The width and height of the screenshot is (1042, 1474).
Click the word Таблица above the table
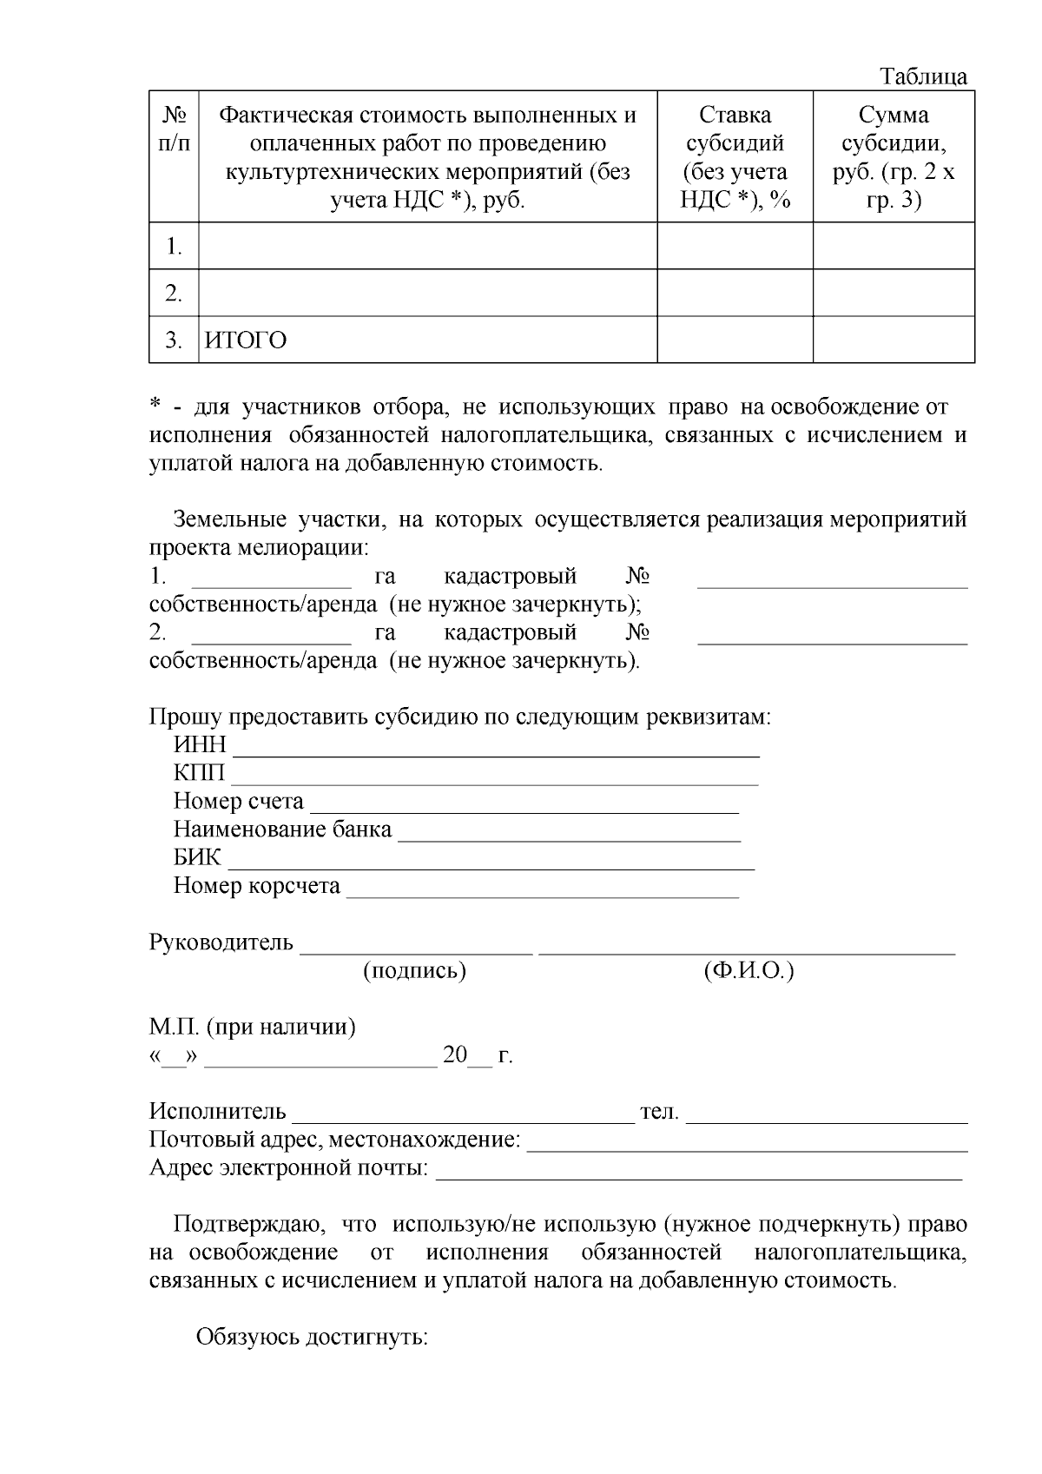pos(924,76)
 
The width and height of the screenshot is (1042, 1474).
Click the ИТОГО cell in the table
pos(246,340)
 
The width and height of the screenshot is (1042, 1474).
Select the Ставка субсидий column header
pos(735,157)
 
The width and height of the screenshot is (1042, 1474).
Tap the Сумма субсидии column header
pos(894,157)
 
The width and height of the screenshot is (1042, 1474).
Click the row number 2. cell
pos(174,294)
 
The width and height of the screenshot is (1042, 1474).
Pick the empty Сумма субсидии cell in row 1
pos(894,246)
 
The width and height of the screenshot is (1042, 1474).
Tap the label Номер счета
pos(239,801)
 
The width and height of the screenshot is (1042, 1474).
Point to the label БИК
pos(198,858)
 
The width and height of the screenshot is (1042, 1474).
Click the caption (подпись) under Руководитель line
pos(414,970)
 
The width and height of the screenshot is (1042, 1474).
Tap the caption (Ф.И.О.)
pos(749,970)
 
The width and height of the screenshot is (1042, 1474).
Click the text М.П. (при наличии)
pos(253,1027)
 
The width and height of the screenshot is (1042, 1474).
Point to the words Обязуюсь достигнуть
pos(312,1336)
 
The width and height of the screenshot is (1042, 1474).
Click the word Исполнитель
pos(217,1111)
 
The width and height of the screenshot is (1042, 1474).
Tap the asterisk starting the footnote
pos(155,406)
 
